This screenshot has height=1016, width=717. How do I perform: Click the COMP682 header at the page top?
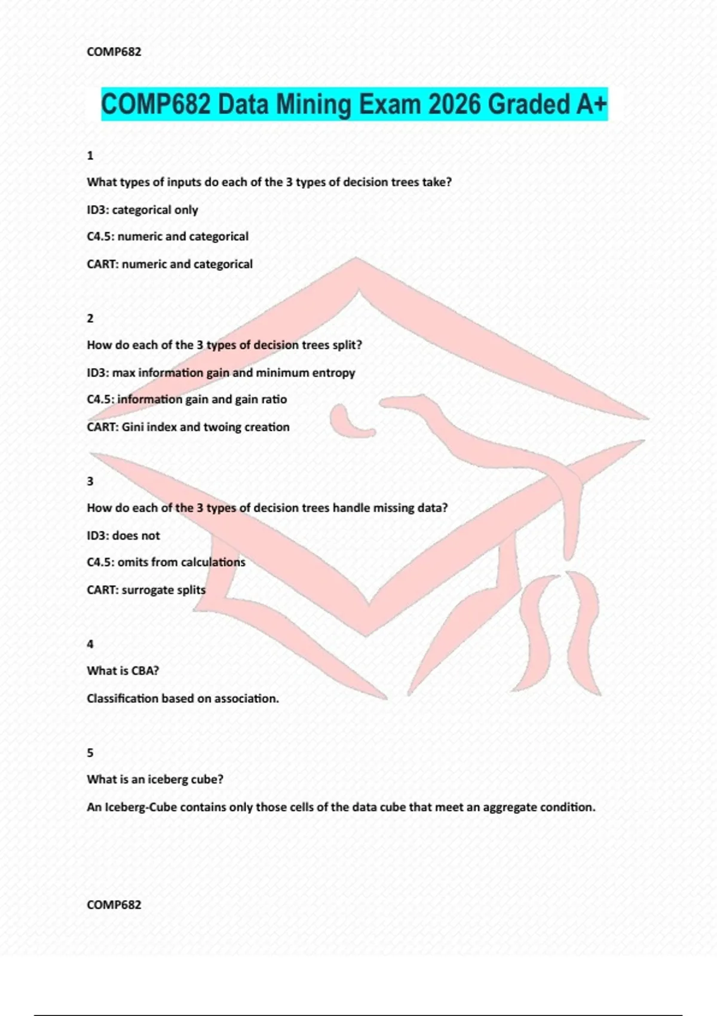[114, 52]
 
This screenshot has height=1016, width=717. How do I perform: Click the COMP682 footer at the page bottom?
[114, 905]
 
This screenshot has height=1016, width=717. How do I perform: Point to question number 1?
[90, 156]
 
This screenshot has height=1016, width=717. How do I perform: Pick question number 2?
[90, 319]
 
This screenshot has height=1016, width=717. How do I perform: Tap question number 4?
[90, 644]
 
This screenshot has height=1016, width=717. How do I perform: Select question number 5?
[90, 753]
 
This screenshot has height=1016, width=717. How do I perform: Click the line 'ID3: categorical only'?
[142, 210]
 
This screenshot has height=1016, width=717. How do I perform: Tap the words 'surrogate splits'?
[164, 590]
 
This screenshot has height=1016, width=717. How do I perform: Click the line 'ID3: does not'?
[123, 535]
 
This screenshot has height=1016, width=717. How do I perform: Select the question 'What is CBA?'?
[123, 671]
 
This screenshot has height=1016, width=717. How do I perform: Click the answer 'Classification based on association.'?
[183, 699]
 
